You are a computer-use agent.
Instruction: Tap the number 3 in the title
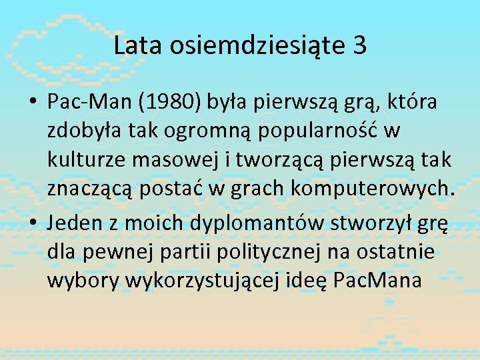pyautogui.click(x=359, y=46)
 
